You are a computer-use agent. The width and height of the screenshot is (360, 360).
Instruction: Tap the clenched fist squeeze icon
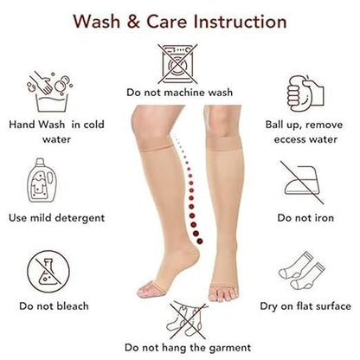coord(304,93)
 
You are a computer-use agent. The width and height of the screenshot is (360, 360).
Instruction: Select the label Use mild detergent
coord(56,217)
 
